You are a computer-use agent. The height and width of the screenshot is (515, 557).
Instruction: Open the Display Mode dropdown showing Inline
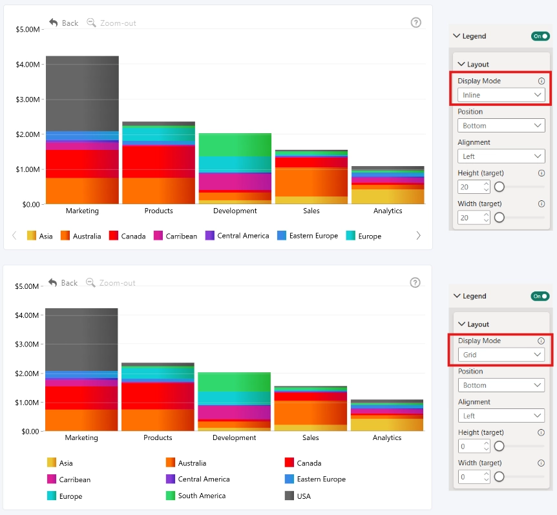pyautogui.click(x=501, y=95)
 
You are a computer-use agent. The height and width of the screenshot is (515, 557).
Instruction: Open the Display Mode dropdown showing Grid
pyautogui.click(x=501, y=355)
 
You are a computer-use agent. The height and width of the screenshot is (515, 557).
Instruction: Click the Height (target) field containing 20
pyautogui.click(x=474, y=187)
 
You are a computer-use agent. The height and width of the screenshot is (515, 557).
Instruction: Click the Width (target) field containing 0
pyautogui.click(x=474, y=477)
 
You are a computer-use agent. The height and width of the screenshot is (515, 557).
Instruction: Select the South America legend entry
pyautogui.click(x=196, y=496)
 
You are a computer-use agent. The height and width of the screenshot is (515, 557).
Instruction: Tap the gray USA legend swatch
pyautogui.click(x=289, y=496)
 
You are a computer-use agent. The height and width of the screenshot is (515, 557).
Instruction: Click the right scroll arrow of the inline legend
pyautogui.click(x=419, y=235)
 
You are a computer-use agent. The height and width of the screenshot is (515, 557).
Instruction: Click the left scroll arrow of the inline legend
pyautogui.click(x=14, y=235)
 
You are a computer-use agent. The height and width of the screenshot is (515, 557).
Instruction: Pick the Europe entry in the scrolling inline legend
pyautogui.click(x=363, y=236)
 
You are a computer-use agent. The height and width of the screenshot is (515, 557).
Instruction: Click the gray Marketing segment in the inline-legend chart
pyautogui.click(x=83, y=94)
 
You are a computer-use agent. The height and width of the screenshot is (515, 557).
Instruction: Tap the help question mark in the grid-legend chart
pyautogui.click(x=415, y=282)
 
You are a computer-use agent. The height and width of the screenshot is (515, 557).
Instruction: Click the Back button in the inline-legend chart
pyautogui.click(x=63, y=23)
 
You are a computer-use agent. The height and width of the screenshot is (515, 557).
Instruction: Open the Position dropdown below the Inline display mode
pyautogui.click(x=501, y=125)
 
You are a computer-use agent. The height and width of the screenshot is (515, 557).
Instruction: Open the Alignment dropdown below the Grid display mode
pyautogui.click(x=501, y=415)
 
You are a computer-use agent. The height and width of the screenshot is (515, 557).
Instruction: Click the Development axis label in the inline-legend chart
pyautogui.click(x=235, y=211)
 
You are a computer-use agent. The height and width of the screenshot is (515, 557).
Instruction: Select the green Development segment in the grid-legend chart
pyautogui.click(x=234, y=382)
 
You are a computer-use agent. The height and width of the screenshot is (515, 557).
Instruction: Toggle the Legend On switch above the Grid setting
pyautogui.click(x=540, y=296)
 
